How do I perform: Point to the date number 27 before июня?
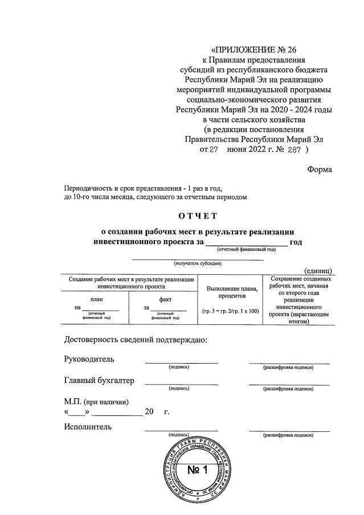pos(213,150)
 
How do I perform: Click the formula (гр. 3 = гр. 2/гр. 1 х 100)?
pos(230,311)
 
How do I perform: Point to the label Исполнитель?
pos(88,427)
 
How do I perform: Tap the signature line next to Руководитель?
pos(181,362)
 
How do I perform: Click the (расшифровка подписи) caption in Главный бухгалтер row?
pos(288,389)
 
